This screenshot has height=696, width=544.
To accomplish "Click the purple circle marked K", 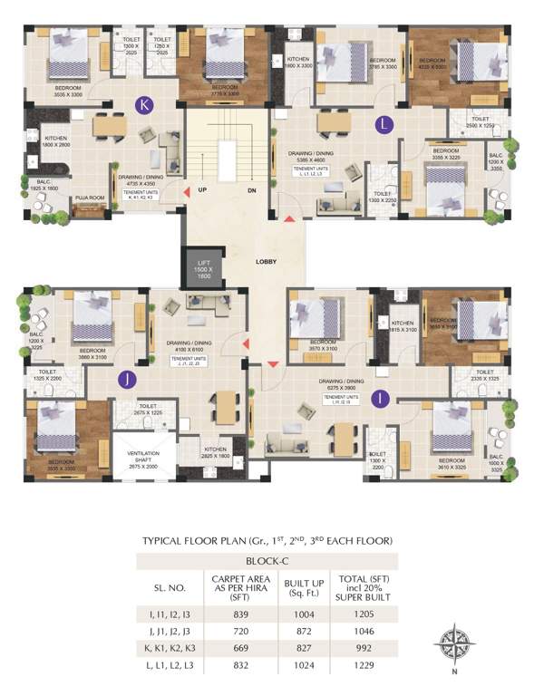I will coord(142,104).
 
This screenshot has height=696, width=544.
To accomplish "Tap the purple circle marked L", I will coord(385,121).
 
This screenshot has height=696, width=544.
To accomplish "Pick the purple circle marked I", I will coord(381,396).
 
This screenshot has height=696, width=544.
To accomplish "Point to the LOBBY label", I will coord(266,262).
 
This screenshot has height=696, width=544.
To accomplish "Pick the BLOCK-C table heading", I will coord(266,562).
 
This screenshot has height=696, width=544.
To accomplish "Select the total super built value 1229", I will coord(374,666).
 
